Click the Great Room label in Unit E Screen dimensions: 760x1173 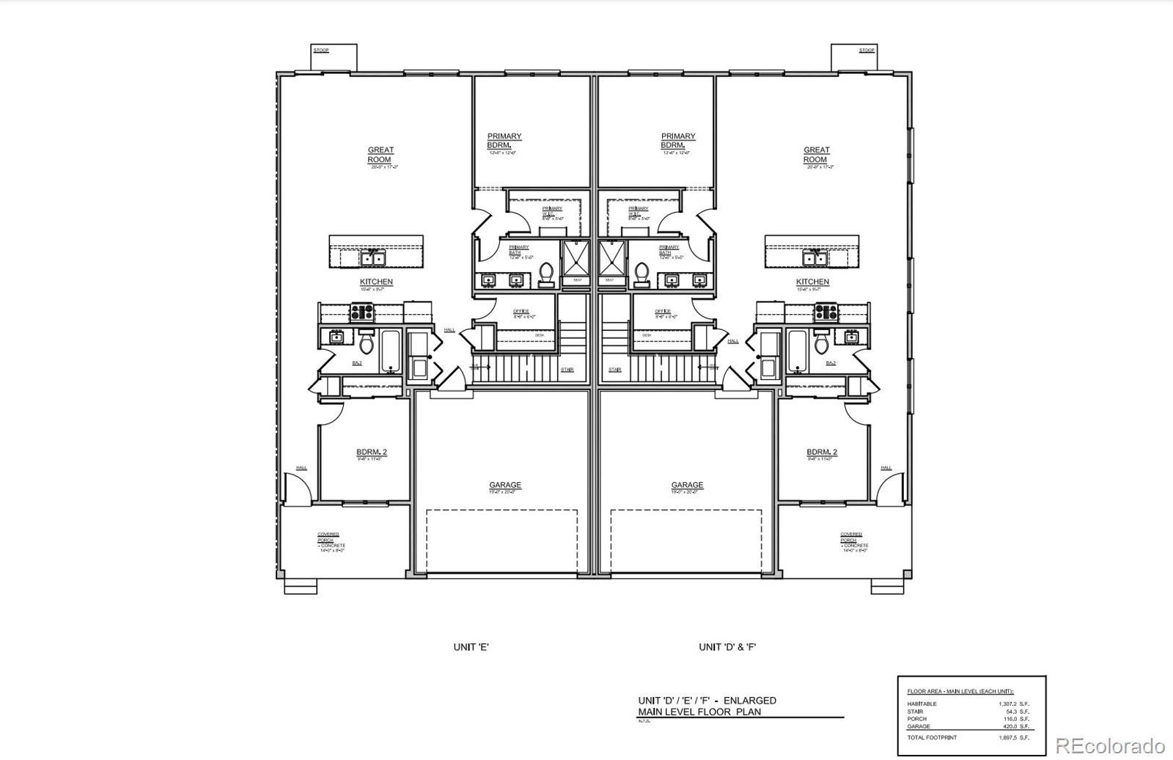click(x=380, y=155)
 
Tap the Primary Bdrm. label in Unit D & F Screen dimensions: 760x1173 click(x=678, y=141)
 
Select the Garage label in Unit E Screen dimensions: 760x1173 click(x=505, y=485)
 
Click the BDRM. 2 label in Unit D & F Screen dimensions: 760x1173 click(x=822, y=452)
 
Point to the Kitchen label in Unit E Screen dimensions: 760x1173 click(x=376, y=282)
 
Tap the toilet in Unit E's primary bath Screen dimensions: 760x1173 click(x=546, y=274)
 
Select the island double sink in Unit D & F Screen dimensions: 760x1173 click(x=814, y=258)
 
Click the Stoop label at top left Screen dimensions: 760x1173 click(x=321, y=51)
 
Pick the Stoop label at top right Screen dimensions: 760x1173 click(x=867, y=51)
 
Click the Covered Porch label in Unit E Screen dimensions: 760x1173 click(x=328, y=537)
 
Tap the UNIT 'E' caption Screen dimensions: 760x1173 click(x=471, y=647)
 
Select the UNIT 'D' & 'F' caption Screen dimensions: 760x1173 click(x=727, y=647)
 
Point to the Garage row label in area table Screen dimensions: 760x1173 click(x=919, y=726)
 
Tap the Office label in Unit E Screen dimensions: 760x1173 click(x=521, y=311)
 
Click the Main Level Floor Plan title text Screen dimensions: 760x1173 click(x=699, y=712)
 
